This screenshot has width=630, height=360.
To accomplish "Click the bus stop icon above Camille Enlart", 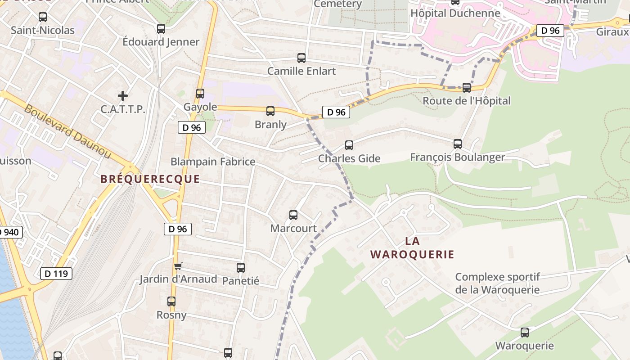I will coord(301,58).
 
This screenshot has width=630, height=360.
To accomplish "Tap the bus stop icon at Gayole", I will coord(200,94).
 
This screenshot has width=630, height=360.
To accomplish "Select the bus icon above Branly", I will coord(270,111).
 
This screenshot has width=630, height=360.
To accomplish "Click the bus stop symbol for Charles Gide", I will coord(349,145).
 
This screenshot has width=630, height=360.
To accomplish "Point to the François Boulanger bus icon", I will coord(458,144).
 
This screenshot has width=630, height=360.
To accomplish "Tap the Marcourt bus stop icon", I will coord(293,215).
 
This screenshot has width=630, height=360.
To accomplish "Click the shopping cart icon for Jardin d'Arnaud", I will coord(178,266).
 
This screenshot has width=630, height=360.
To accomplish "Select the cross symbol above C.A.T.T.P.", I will coord(122,96).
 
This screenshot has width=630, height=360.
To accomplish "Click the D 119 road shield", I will coord(56,273).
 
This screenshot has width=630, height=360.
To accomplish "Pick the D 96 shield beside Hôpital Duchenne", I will coord(550,31).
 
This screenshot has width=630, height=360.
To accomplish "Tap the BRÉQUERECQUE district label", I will coord(150,179).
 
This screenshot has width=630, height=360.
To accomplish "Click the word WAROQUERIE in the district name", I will coord(412,255).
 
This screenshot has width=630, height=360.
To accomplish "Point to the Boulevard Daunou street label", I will coord(67,131).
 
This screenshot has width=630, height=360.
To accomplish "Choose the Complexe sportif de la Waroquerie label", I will coord(497,283).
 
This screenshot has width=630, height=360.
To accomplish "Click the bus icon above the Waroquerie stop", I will coord(525,333).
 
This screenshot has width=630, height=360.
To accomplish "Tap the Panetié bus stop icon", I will coord(241,268).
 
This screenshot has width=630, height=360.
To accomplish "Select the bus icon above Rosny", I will coord(171,301).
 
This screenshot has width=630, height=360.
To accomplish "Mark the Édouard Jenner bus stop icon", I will coord(161,29).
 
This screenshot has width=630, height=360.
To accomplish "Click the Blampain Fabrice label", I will coord(213,162).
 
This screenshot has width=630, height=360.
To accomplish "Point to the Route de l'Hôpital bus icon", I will coord(467,87).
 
